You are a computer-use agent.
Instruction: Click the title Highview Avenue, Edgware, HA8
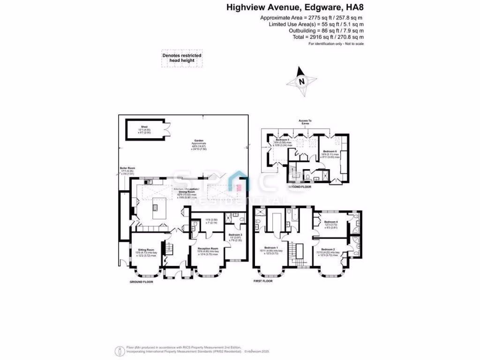point(295,7)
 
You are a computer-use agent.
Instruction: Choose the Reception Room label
point(208,248)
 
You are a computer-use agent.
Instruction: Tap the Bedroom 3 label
point(235,234)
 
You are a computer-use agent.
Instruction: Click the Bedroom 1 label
point(271,247)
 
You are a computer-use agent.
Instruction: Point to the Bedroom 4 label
point(330,222)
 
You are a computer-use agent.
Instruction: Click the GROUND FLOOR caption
point(142,282)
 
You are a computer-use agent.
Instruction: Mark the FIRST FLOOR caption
point(262,281)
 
